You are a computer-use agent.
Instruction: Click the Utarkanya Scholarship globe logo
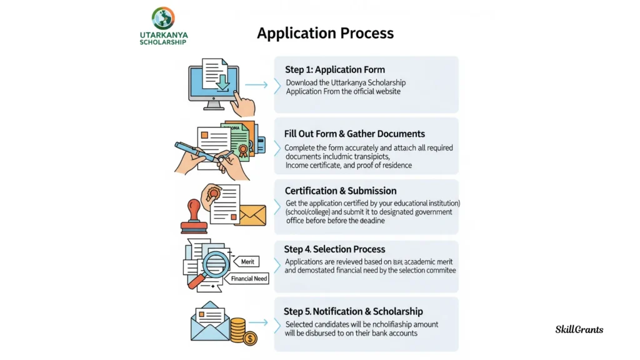pos(163,17)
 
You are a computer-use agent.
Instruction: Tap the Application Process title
pos(325,33)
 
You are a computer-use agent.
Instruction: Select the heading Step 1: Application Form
pos(335,69)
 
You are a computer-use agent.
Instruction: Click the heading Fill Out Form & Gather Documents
pos(354,134)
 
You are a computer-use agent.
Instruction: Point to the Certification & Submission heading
pos(341,191)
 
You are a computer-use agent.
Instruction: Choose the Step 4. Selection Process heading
pos(334,249)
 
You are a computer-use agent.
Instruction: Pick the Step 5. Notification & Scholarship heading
pos(353,311)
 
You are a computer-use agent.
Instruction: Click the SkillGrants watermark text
pos(579,329)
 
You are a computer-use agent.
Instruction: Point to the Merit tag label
pos(247,262)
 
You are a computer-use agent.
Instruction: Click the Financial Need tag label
pos(249,279)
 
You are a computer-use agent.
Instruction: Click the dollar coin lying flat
pos(250,339)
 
